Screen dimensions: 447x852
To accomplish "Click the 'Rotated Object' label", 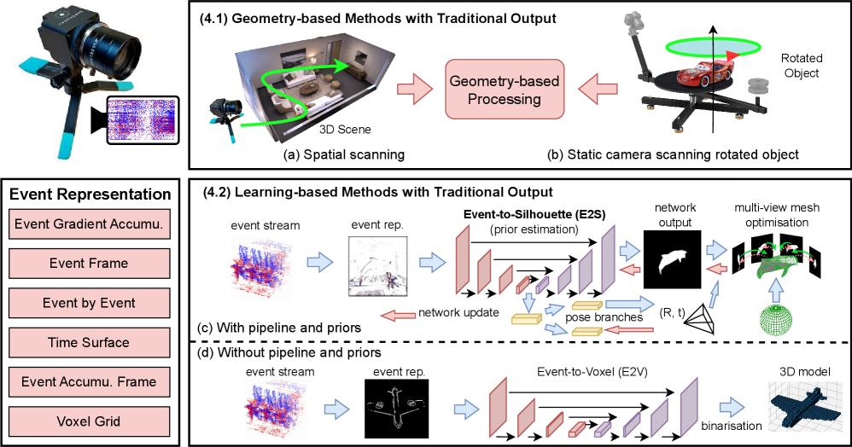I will (x=802, y=66).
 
